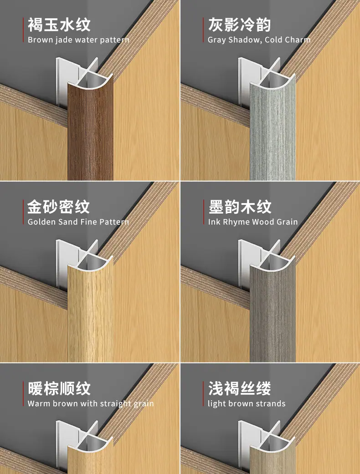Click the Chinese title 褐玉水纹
pos(59,25)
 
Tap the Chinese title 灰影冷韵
pos(239,25)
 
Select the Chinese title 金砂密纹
pos(59,207)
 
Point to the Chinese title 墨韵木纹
pos(240,207)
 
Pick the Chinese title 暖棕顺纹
pos(59,388)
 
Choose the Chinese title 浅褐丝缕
pos(239,388)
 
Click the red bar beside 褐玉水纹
pos(23,30)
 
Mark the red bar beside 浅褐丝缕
pos(204,393)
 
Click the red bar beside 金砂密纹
pos(23,212)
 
